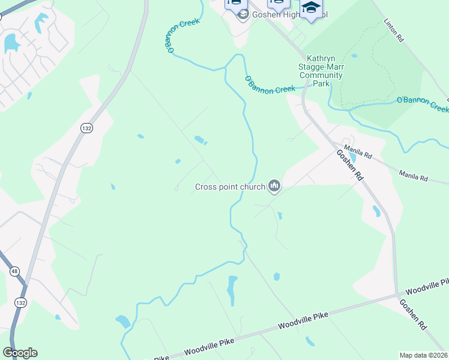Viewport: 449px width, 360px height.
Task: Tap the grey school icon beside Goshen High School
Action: tap(243, 15)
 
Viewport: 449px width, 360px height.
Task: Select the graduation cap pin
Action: tap(311, 9)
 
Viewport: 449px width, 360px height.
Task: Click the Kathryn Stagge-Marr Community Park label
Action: tap(324, 71)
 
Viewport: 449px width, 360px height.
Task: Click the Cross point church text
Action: tap(230, 187)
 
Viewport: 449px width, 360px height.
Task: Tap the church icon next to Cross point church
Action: tap(275, 187)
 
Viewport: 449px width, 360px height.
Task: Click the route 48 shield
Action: tap(14, 271)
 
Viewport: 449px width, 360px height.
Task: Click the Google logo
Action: tap(20, 353)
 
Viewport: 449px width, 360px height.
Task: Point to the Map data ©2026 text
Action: tap(423, 355)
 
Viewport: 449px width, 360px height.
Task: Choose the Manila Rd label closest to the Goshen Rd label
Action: tap(358, 153)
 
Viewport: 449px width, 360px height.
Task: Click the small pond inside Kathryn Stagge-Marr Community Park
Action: tap(354, 56)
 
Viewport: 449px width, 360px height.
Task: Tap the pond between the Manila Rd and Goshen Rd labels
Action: tap(352, 158)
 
